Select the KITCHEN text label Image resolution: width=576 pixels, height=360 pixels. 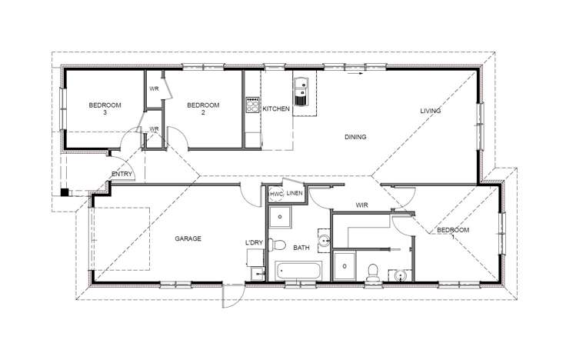276,109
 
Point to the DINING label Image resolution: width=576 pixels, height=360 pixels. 355,137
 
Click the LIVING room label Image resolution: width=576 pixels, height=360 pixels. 430,111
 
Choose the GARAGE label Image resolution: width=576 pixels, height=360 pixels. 188,239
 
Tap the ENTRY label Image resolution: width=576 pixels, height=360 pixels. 122,174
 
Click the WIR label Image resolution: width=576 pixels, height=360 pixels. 364,205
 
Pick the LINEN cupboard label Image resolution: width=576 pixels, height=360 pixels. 295,194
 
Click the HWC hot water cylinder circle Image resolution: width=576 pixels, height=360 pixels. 276,195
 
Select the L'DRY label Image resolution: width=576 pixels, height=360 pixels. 254,243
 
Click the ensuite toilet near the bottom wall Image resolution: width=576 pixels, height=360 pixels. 373,270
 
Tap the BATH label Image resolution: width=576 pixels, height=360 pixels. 301,248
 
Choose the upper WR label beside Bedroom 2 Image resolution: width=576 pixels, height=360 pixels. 154,88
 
